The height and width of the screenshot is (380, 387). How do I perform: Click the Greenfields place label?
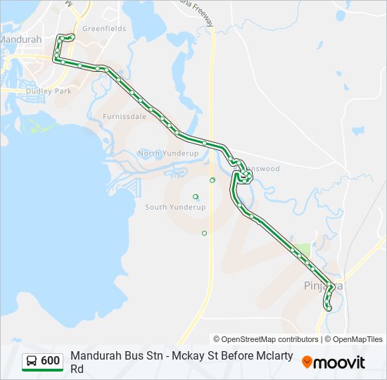point(104,29)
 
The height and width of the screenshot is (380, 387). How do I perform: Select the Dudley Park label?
point(49,91)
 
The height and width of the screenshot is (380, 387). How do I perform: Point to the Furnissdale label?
point(125,117)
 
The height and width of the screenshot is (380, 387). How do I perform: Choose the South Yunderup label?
point(175,207)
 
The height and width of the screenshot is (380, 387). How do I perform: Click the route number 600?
point(50,361)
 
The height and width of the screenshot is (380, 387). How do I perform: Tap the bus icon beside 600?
point(32,361)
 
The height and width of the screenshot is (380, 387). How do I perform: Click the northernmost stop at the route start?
point(72,36)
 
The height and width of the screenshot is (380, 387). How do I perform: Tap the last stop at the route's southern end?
point(329,308)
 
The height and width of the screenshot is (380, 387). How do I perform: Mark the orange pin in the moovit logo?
point(307,362)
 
